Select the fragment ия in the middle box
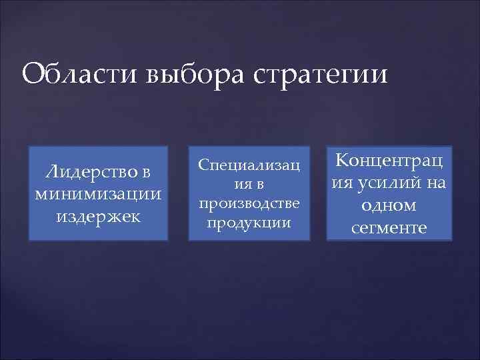(x=241, y=183)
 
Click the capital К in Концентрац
(x=343, y=161)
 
